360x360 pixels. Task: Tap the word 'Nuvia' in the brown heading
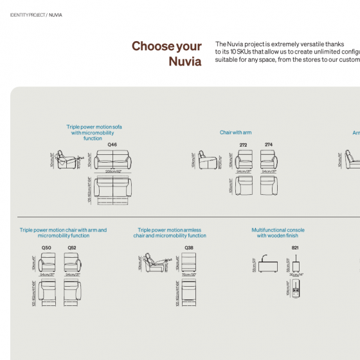click(185, 62)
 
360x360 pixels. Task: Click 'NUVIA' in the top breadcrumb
click(56, 14)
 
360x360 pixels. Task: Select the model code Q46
click(112, 145)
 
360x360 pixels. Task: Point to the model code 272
click(243, 145)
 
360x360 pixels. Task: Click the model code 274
click(268, 145)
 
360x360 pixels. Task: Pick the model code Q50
click(46, 248)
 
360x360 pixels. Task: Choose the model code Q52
click(71, 248)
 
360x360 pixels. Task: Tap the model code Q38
click(188, 248)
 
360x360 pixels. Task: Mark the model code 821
click(295, 248)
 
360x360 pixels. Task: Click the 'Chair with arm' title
click(235, 132)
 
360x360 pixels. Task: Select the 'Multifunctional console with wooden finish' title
click(278, 233)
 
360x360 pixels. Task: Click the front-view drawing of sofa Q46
click(113, 160)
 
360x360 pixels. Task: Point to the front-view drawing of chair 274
click(269, 159)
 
